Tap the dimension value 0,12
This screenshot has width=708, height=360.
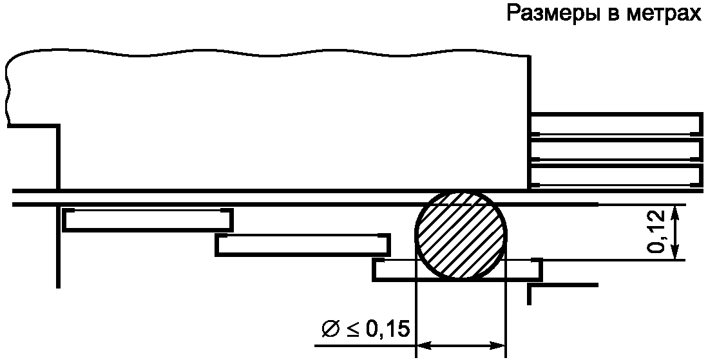[658, 231]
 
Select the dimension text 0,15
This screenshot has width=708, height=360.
[387, 330]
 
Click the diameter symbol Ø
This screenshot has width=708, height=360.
[330, 330]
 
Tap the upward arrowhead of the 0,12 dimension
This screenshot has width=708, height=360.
[676, 212]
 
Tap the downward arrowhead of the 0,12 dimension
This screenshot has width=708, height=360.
[676, 252]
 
